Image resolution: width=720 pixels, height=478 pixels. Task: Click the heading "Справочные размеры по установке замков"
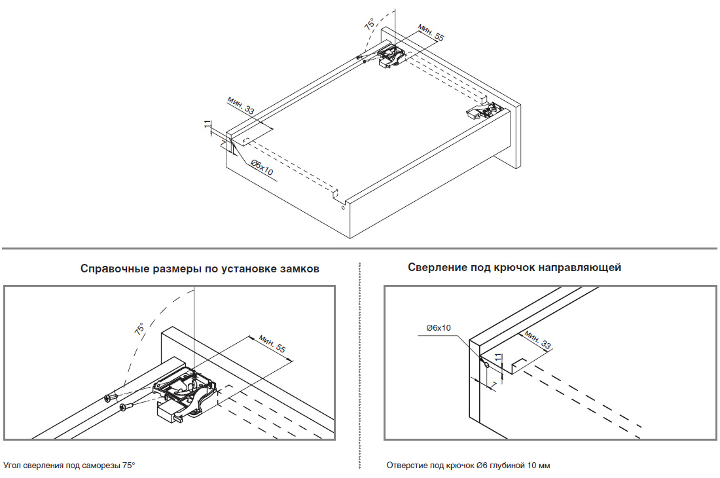click(200, 269)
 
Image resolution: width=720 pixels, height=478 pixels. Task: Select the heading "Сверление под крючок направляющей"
click(514, 267)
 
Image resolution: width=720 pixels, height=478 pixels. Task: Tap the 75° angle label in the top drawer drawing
click(370, 25)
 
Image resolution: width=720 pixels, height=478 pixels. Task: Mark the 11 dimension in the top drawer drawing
click(207, 126)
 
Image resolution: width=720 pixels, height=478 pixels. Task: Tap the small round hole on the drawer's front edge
click(342, 209)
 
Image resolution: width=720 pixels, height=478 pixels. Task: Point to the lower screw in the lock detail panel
click(126, 408)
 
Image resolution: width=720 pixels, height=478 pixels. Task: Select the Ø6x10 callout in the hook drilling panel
click(438, 327)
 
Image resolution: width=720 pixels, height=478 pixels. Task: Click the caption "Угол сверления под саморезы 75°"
click(69, 465)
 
